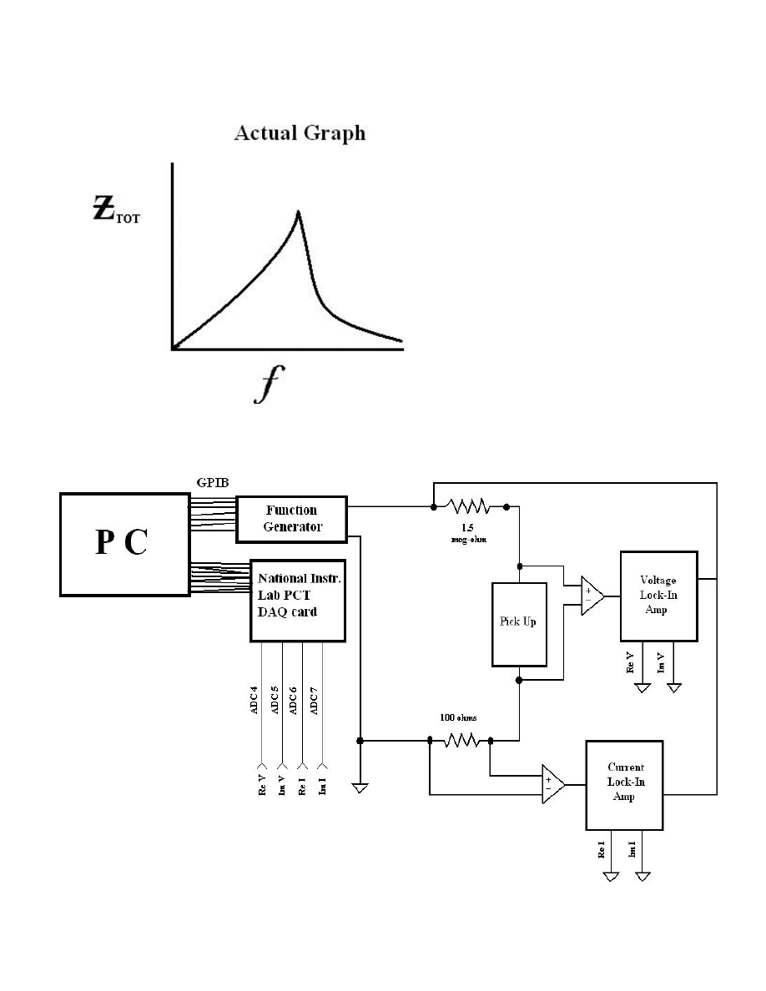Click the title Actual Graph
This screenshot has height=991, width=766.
coord(300,133)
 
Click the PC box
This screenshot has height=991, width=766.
coord(123,543)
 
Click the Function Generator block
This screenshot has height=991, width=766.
coord(291,519)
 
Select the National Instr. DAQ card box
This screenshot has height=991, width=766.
coord(298,600)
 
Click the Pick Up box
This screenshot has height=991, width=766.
coord(519,624)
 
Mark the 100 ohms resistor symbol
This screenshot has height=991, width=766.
coord(460,740)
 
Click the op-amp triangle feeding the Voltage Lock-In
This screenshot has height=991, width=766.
coord(592,596)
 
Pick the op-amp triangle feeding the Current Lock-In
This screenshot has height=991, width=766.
coord(552,784)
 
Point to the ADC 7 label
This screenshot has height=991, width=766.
coord(315,700)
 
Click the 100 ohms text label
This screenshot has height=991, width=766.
coord(459,717)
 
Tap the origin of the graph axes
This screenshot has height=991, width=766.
coord(172,349)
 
